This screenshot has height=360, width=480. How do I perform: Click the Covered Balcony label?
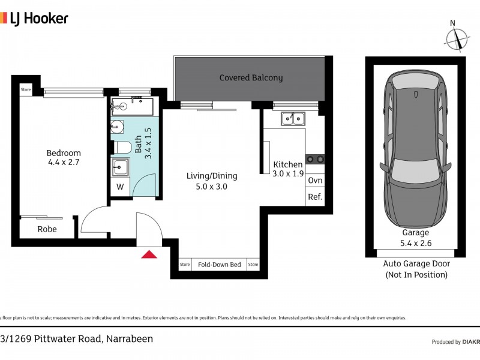(x=251, y=77)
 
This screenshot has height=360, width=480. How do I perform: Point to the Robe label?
(x=47, y=229)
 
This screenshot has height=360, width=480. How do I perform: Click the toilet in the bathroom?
(x=122, y=147)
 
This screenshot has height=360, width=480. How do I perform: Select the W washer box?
(x=120, y=187)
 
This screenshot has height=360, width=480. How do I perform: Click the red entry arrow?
(x=149, y=255)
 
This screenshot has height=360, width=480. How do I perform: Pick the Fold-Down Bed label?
(x=219, y=265)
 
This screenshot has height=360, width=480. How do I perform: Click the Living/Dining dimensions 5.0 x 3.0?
(x=211, y=187)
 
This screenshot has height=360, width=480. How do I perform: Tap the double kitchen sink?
(x=293, y=118)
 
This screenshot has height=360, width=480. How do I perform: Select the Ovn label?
(x=315, y=181)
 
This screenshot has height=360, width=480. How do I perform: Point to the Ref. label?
(x=315, y=197)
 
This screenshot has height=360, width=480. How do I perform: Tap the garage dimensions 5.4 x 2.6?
(x=416, y=243)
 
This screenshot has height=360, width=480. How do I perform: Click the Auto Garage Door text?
(x=416, y=263)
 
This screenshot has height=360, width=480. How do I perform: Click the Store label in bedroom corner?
(x=26, y=90)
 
